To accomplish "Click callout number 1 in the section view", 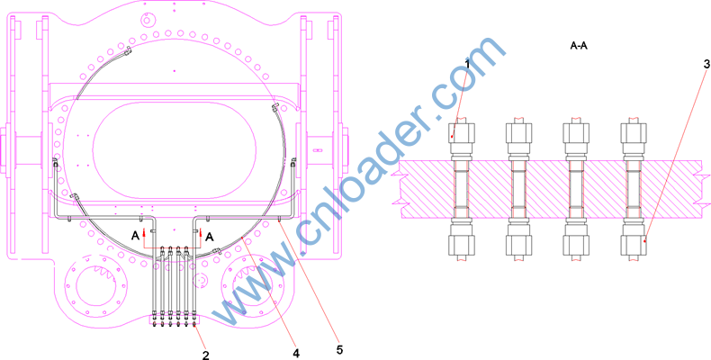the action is click(x=468, y=65).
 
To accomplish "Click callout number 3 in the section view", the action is click(x=706, y=65).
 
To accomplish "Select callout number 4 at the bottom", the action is click(x=296, y=352).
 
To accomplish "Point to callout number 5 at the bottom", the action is click(x=339, y=349).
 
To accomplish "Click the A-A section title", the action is click(x=579, y=46).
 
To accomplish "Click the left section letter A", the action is click(x=135, y=236).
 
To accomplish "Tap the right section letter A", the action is click(x=209, y=236).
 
